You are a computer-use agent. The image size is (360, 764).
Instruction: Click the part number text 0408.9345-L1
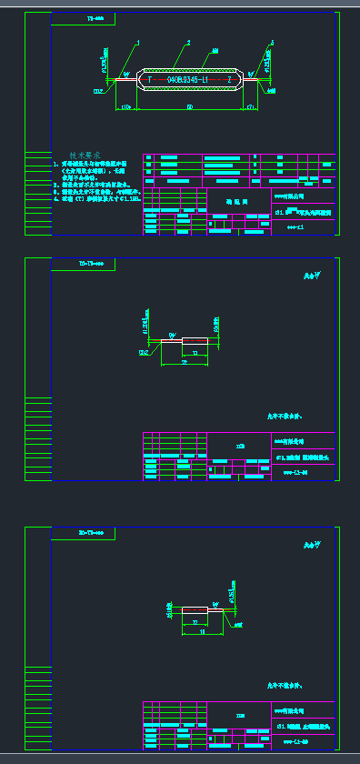tap(188, 80)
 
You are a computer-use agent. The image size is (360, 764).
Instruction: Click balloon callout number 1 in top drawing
tap(138, 42)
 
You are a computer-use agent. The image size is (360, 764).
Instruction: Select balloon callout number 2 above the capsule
tap(188, 42)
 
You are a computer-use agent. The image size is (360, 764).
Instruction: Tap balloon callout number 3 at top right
tap(272, 42)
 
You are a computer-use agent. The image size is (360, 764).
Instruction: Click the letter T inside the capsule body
tap(149, 80)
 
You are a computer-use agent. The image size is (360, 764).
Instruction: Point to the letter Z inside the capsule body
tap(229, 80)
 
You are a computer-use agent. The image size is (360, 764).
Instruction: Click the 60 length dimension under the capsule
tap(188, 106)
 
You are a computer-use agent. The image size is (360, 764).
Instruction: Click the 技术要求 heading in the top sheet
tap(85, 156)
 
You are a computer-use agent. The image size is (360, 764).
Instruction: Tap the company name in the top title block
tap(292, 195)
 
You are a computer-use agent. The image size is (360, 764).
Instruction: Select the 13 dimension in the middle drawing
tap(195, 351)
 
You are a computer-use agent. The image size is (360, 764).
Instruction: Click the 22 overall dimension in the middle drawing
tap(185, 362)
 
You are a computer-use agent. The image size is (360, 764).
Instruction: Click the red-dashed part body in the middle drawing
tap(195, 340)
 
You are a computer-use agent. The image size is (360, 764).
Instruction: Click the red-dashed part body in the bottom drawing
tap(195, 608)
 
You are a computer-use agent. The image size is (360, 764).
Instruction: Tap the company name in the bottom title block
tap(292, 708)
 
